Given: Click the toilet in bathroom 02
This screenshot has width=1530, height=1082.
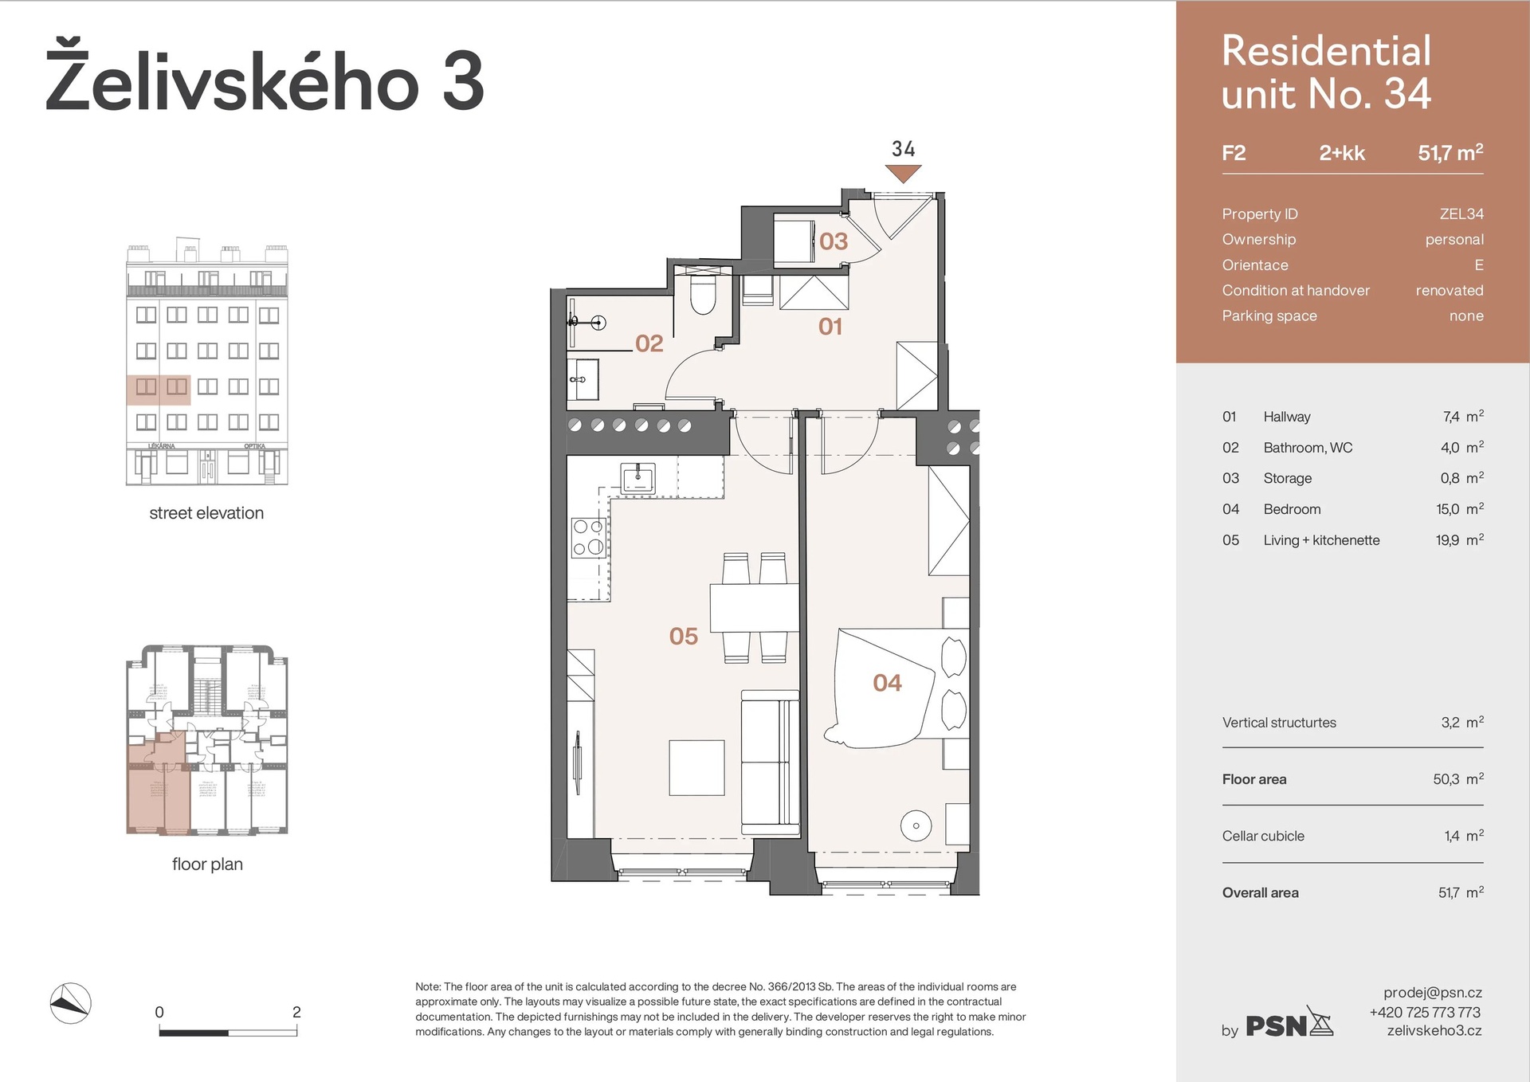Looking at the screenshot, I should coord(703,296).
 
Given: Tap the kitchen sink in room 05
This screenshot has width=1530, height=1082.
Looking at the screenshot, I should coord(637,479).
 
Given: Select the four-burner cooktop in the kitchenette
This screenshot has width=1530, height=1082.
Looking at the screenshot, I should coord(588,537).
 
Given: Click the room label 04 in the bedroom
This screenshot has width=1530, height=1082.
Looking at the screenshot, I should coord(887,683).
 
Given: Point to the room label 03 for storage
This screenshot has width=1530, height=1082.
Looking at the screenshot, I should coord(834,241).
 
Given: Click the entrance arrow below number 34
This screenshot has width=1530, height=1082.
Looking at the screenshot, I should coord(903,173).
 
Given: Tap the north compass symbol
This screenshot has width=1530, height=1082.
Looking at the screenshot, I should coord(71,1003).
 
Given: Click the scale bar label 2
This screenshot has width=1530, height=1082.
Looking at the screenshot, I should coord(296,1012).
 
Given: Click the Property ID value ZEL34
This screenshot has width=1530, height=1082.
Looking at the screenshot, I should coord(1461,214).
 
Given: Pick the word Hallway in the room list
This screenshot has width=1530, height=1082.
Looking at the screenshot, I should coord(1286,417).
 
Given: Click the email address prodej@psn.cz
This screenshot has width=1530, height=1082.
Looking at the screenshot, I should coord(1432,993).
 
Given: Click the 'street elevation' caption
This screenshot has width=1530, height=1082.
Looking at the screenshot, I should coord(206,513).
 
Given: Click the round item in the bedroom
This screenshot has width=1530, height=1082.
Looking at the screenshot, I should coord(916,825).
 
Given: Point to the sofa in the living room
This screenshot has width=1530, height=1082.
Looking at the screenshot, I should coord(770,762).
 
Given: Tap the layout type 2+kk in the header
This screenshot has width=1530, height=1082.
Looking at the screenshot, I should coord(1341,153).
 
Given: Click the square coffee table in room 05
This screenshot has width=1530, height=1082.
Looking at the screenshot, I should coord(696,768).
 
